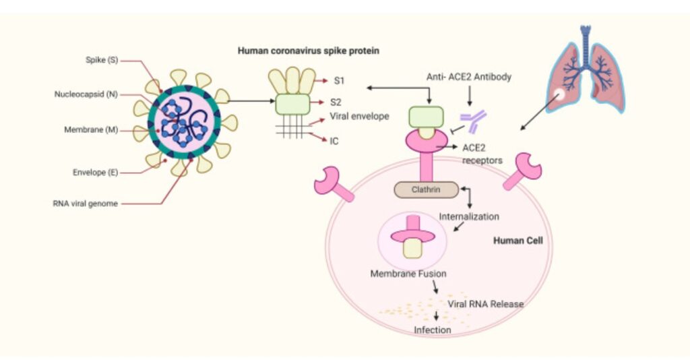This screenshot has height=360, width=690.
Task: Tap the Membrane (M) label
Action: pyautogui.click(x=94, y=129)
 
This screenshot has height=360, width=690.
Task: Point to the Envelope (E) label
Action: pyautogui.click(x=95, y=172)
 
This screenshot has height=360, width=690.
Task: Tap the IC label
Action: pyautogui.click(x=335, y=142)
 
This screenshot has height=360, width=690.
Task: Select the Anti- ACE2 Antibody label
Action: pyautogui.click(x=469, y=77)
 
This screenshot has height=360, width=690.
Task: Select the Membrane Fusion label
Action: pyautogui.click(x=408, y=274)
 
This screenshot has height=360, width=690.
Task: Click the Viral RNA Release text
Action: pyautogui.click(x=485, y=304)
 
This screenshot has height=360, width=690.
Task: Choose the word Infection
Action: pyautogui.click(x=432, y=330)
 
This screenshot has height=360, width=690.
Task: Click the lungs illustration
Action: pyautogui.click(x=585, y=74)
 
